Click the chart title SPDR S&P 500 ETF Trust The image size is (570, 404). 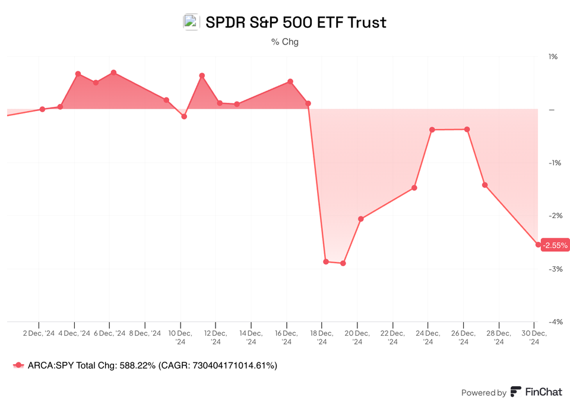(x=295, y=23)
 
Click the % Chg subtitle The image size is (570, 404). (x=285, y=42)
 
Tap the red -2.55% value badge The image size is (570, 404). (x=556, y=245)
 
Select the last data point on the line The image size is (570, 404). (x=539, y=245)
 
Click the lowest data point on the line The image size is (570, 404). (x=343, y=263)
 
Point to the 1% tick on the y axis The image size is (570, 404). (x=553, y=57)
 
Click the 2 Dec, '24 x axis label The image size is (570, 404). (x=39, y=334)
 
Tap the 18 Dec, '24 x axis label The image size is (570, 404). (x=321, y=337)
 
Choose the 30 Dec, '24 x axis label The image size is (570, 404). (x=533, y=337)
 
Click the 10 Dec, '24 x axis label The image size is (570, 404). (x=180, y=337)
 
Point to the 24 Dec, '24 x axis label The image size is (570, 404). (x=427, y=337)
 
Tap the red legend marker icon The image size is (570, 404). (x=19, y=366)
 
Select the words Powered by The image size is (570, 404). (x=484, y=393)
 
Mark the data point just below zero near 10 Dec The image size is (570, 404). (x=184, y=116)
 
